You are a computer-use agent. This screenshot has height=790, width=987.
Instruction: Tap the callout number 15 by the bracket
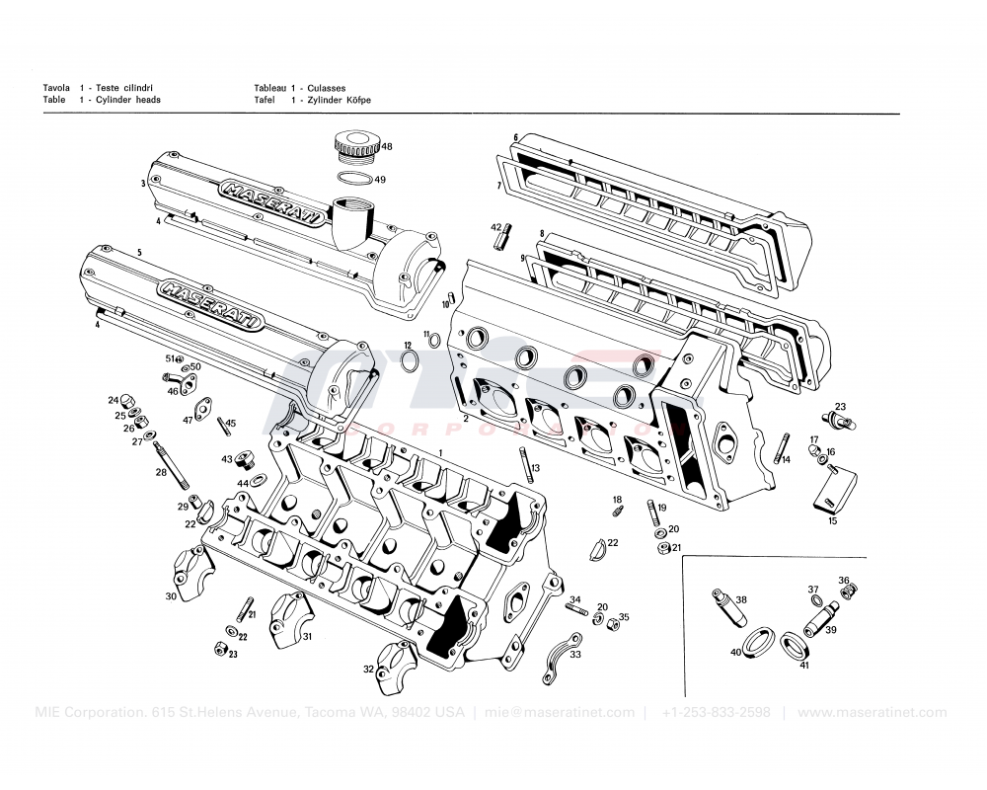(832, 520)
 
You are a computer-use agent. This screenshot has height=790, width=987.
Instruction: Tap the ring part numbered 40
(757, 641)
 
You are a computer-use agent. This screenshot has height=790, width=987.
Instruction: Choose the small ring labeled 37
(815, 600)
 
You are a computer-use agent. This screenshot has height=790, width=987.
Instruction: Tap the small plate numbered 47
(206, 407)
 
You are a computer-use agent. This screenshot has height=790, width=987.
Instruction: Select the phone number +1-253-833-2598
(716, 712)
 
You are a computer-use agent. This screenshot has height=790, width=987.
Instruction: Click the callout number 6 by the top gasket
(515, 137)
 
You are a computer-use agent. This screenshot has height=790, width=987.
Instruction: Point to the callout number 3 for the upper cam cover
(143, 184)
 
